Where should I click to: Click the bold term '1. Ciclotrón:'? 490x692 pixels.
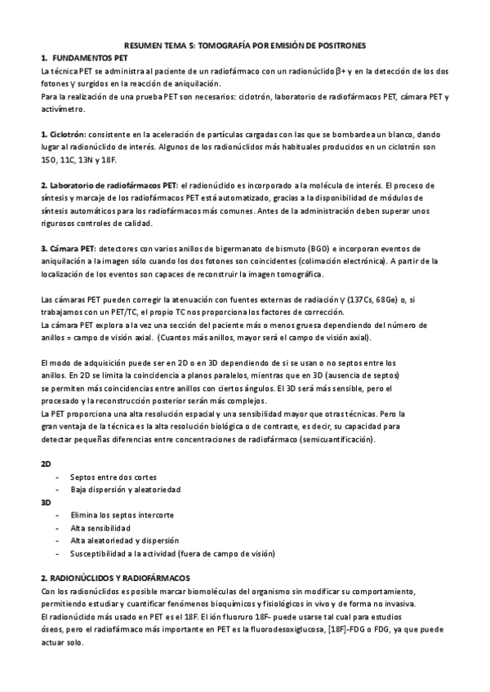(64, 133)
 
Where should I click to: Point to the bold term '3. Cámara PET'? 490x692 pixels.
(68, 247)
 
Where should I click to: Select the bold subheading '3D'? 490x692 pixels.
(46, 502)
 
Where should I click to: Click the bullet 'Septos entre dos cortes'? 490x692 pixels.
(114, 477)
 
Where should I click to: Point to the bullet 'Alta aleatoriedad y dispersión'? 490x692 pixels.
(125, 540)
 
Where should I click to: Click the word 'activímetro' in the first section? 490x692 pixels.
(62, 108)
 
